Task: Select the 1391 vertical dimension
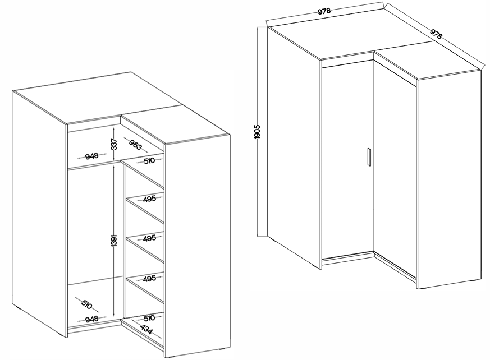click(114, 241)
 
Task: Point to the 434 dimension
click(147, 329)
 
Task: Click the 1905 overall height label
click(258, 132)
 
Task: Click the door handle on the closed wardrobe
click(369, 156)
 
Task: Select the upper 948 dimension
click(91, 155)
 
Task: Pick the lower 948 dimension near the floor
click(91, 319)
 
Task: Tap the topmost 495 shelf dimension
click(149, 199)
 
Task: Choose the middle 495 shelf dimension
click(149, 238)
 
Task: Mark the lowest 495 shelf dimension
click(149, 278)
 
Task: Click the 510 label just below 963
click(149, 161)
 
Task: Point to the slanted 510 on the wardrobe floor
click(86, 304)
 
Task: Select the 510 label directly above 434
click(149, 318)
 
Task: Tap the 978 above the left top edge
click(324, 12)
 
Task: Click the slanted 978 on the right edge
click(436, 34)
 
